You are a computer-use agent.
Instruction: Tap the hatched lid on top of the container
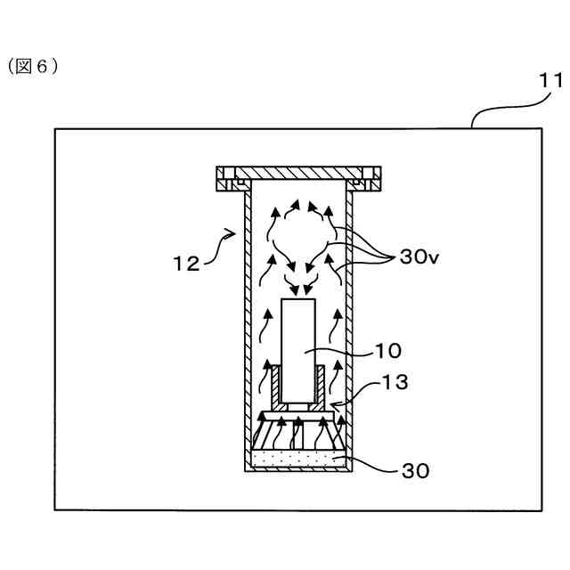(297, 172)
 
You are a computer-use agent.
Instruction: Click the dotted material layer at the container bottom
(297, 458)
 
